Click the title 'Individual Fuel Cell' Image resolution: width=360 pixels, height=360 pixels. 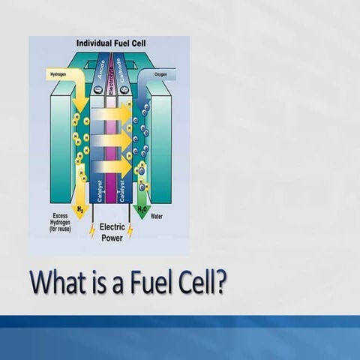point(111,43)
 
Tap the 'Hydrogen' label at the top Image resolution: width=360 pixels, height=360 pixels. point(57,75)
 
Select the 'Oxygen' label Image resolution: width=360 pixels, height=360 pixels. point(160,75)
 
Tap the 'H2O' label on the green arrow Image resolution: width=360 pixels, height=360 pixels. point(141,207)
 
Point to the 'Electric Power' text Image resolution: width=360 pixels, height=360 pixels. point(111,232)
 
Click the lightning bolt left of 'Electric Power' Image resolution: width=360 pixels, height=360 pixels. point(92,230)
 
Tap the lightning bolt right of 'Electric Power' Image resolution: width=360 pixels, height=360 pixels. point(130,230)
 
